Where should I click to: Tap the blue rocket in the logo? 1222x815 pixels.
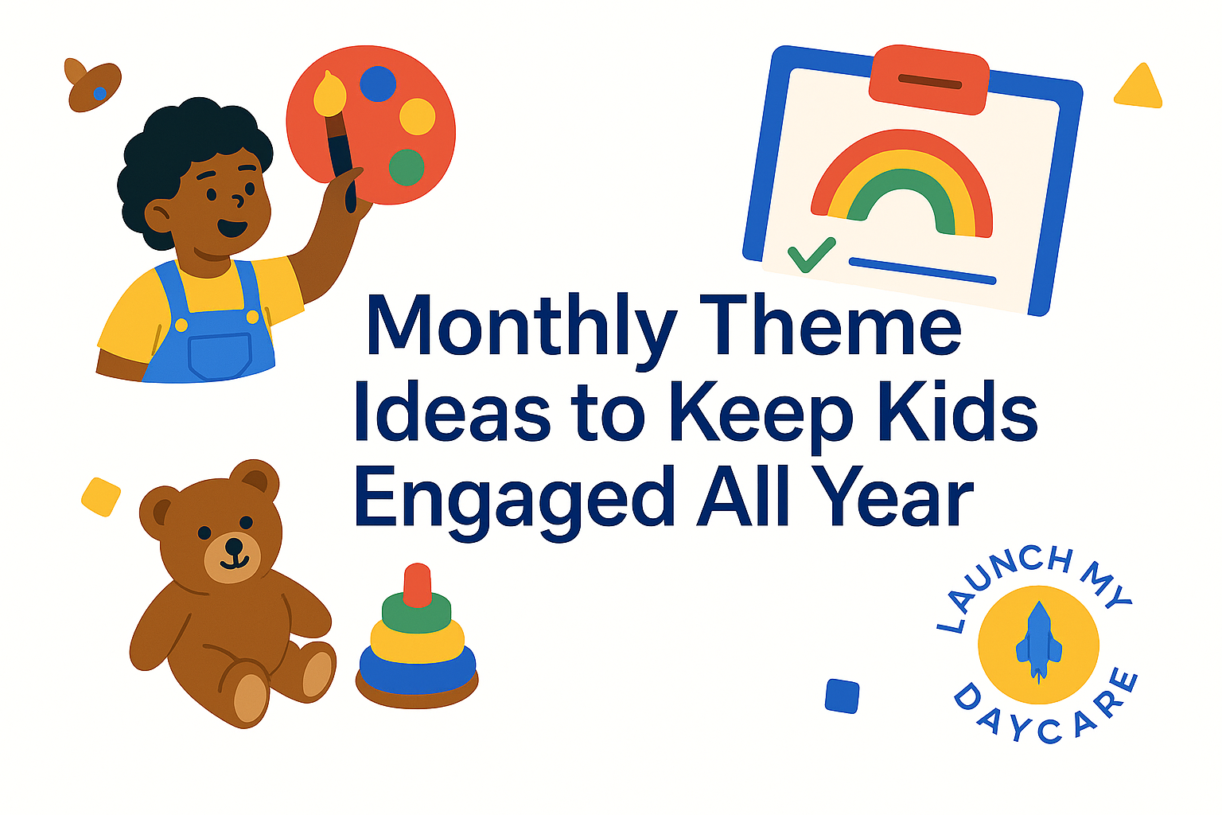1039,642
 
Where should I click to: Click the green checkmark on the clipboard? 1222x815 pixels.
811,255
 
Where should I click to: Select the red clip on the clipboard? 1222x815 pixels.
929,80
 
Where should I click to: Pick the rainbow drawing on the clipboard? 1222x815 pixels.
901,184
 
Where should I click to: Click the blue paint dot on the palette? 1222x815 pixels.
378,84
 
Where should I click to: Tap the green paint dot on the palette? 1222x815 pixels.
407,167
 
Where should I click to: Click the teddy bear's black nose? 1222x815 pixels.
234,546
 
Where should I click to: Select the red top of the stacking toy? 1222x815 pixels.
418,585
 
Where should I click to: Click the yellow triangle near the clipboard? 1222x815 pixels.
1139,87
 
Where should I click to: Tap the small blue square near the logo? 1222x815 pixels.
842,696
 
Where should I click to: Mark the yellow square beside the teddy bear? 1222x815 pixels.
101,497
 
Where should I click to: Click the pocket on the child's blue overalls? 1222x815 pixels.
220,356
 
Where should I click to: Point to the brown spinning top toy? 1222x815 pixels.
93,85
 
